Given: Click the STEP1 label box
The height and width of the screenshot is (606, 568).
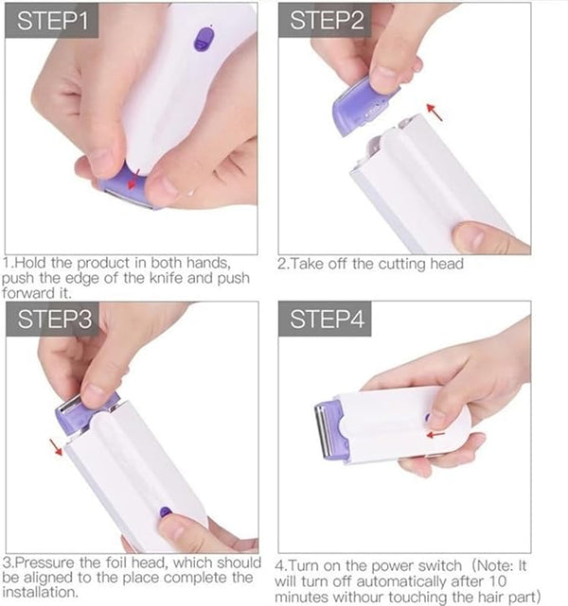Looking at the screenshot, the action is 51,21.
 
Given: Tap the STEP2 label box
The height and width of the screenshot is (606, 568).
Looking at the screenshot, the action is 325,21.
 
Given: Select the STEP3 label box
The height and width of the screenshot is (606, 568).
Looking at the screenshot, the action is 52,319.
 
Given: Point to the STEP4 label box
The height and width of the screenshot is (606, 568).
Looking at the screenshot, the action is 325,319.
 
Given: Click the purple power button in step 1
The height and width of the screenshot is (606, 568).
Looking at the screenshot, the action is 204,40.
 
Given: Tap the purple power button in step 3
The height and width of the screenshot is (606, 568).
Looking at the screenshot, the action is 166,512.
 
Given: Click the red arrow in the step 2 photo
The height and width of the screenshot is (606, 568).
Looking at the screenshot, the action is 435,112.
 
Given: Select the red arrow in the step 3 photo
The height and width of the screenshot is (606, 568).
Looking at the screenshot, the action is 56,447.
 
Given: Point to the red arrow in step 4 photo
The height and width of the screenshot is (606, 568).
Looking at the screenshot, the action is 435,435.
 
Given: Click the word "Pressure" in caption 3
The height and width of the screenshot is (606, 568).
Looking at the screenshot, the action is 44,563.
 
